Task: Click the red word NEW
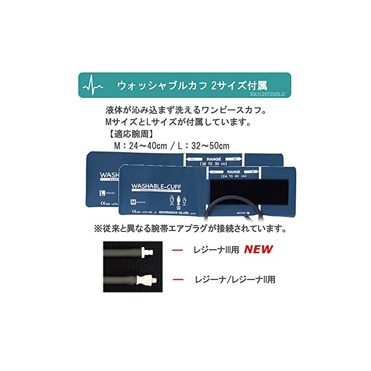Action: (x=258, y=249)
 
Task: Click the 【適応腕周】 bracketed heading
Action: (x=122, y=135)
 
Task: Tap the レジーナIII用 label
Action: (x=216, y=250)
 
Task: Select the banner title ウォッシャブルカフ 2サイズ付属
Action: (x=192, y=86)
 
